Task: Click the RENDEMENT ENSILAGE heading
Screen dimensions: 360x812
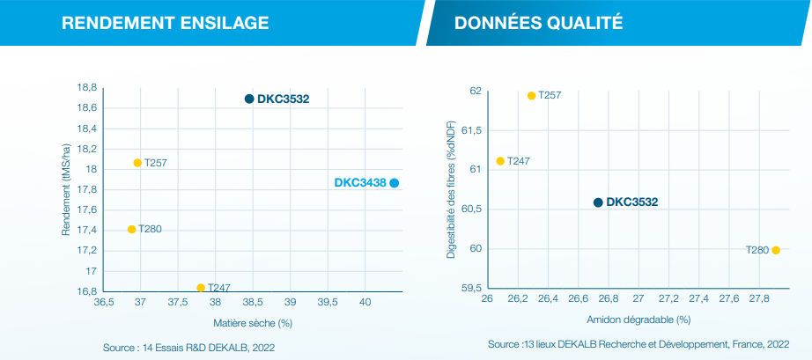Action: coord(166,23)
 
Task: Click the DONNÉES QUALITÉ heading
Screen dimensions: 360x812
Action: coord(538,23)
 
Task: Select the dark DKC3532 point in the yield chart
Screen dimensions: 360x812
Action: coord(249,99)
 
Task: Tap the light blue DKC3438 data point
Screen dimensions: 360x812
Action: coord(395,183)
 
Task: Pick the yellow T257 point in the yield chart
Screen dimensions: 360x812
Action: coord(137,163)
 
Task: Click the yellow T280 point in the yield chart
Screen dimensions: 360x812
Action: coord(132,230)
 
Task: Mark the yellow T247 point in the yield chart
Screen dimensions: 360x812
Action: coord(201,288)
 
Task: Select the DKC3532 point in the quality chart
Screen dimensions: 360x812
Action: coord(598,202)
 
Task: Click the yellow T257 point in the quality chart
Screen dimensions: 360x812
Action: coord(532,95)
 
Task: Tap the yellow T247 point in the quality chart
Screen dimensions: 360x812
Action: coord(500,161)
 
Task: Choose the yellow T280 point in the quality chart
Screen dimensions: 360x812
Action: coord(776,250)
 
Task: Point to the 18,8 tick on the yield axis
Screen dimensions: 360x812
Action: coord(87,88)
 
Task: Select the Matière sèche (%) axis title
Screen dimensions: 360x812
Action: coord(254,323)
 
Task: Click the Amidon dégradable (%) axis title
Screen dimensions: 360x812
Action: coord(639,320)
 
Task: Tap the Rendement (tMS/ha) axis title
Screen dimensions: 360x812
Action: coord(66,188)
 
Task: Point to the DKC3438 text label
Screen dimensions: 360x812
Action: coord(360,183)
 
